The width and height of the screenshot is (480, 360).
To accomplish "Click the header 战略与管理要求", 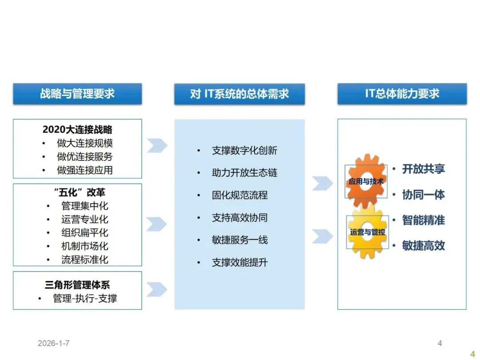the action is pos(77,94).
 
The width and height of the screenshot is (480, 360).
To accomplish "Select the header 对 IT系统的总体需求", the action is pos(239,94).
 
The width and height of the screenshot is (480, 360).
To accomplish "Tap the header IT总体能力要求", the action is pos(402,94).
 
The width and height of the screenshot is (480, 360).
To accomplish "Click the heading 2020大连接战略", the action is pos(77,130).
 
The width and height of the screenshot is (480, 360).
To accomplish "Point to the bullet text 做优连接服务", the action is pos(84,156).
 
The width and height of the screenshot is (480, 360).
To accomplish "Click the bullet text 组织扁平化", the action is pos(84,232).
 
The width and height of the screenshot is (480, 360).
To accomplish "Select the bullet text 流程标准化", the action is pos(84,260).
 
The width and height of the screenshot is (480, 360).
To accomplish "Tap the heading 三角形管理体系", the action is pos(77,285).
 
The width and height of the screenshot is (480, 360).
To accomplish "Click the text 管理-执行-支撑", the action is pos(84,298).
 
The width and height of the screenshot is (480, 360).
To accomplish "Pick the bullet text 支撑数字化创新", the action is pos(244,151).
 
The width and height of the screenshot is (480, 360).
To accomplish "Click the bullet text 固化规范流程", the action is pos(240,195).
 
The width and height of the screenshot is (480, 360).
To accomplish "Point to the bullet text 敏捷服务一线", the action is pos(240,240).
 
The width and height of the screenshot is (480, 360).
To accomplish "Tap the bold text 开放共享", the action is pos(423,169).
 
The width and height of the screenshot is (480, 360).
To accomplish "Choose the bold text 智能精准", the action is pos(423,220).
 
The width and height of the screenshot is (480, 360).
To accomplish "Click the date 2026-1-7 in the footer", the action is pos(54,343).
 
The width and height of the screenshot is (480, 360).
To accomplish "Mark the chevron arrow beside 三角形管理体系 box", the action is pos(156,289).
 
